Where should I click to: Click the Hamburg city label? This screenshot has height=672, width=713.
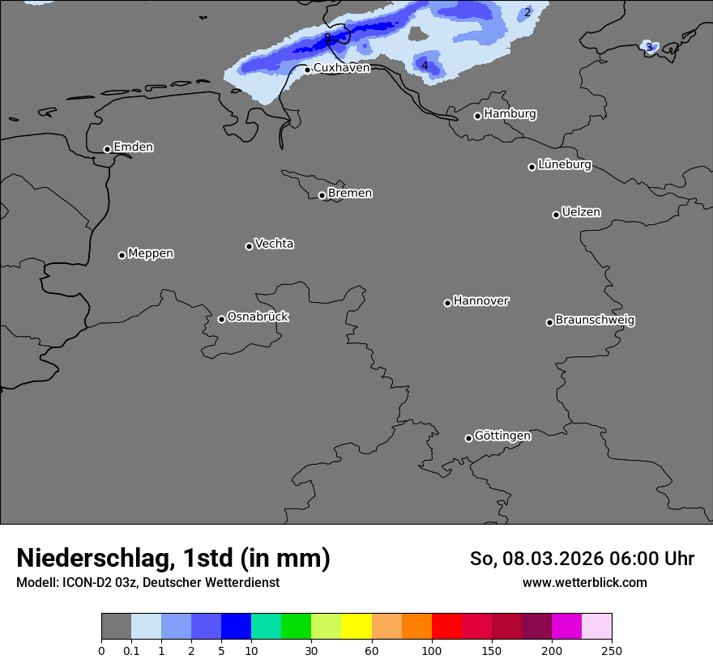pyautogui.click(x=510, y=114)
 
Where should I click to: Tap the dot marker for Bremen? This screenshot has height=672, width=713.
pyautogui.click(x=322, y=195)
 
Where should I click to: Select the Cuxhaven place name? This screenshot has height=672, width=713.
pyautogui.click(x=341, y=68)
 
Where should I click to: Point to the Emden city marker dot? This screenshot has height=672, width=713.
pyautogui.click(x=107, y=149)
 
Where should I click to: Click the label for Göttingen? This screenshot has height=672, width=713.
pyautogui.click(x=502, y=436)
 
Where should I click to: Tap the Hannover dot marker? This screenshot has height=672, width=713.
pyautogui.click(x=447, y=303)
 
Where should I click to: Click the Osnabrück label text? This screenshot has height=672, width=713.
pyautogui.click(x=258, y=317)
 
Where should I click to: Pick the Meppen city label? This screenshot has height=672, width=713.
pyautogui.click(x=151, y=254)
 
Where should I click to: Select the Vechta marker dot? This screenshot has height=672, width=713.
pyautogui.click(x=249, y=246)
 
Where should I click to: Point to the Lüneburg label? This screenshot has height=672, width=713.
pyautogui.click(x=564, y=165)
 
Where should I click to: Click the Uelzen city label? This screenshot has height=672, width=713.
pyautogui.click(x=581, y=213)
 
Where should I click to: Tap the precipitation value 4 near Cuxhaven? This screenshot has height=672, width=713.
pyautogui.click(x=425, y=66)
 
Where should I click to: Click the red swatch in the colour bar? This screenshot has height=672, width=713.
pyautogui.click(x=446, y=627)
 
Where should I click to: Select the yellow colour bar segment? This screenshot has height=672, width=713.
pyautogui.click(x=356, y=627)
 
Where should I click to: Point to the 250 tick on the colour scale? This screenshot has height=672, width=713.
pyautogui.click(x=612, y=650)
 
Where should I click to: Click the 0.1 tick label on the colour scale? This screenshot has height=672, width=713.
pyautogui.click(x=131, y=650)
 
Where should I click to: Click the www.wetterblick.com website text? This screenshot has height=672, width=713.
pyautogui.click(x=584, y=583)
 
